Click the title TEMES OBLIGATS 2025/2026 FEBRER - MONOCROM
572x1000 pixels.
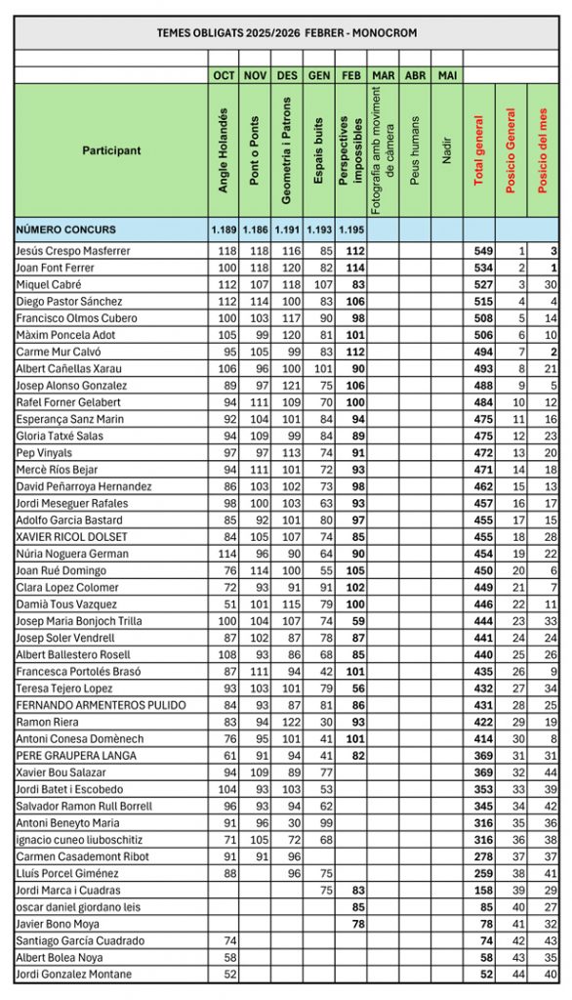click(286, 32)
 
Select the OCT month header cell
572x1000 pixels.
click(223, 75)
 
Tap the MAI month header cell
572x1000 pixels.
click(447, 75)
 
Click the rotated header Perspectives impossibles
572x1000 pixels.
click(351, 151)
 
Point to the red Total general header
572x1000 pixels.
click(478, 151)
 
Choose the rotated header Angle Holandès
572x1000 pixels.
click(223, 151)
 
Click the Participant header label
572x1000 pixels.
click(111, 151)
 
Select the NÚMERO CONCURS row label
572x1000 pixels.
click(66, 229)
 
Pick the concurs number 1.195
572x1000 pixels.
click(351, 229)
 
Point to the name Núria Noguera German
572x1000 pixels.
click(72, 553)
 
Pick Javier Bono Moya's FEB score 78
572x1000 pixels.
click(356, 923)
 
